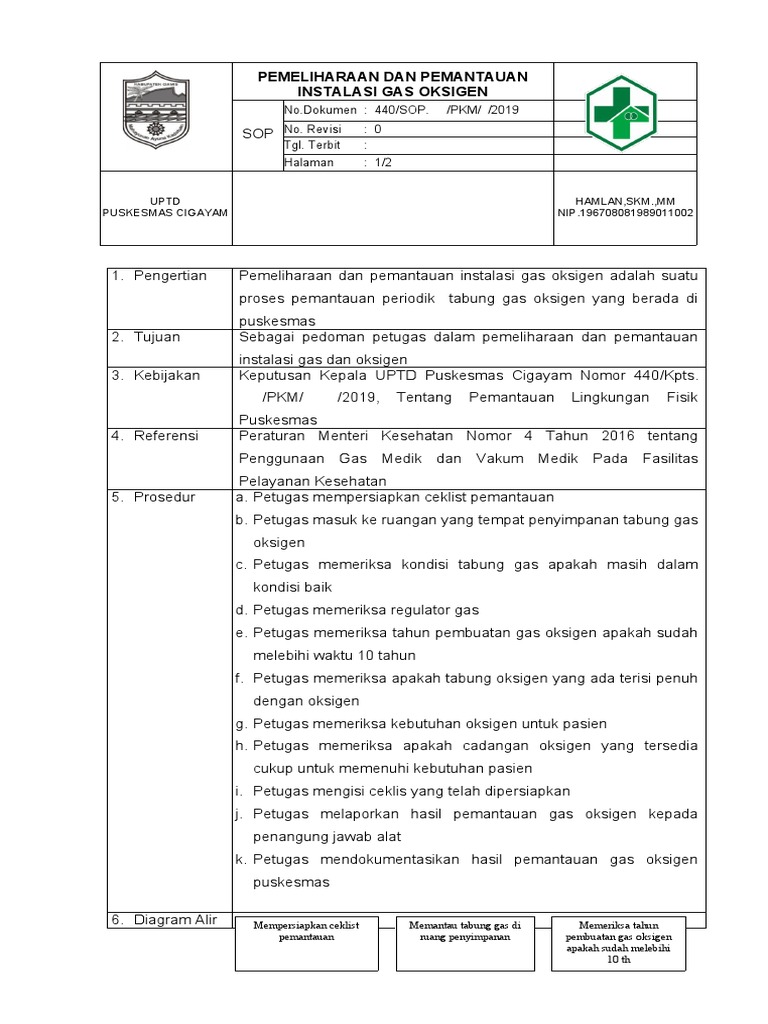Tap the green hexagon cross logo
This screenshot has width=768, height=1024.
coord(620,112)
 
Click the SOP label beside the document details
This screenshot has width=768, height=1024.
coord(258,133)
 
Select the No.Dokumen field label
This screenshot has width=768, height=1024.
coord(321,109)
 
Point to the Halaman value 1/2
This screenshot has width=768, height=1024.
coord(383,162)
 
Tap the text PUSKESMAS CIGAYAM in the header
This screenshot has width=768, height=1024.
coord(166,212)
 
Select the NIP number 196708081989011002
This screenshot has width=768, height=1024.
coord(625,212)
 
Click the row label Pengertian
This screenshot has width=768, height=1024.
coord(170,275)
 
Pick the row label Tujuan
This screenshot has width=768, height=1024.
coord(157,337)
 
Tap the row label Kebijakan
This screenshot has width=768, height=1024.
coord(167,375)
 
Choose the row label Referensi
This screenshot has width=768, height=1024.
coord(166,436)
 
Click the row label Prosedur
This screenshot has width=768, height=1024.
coord(164,496)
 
